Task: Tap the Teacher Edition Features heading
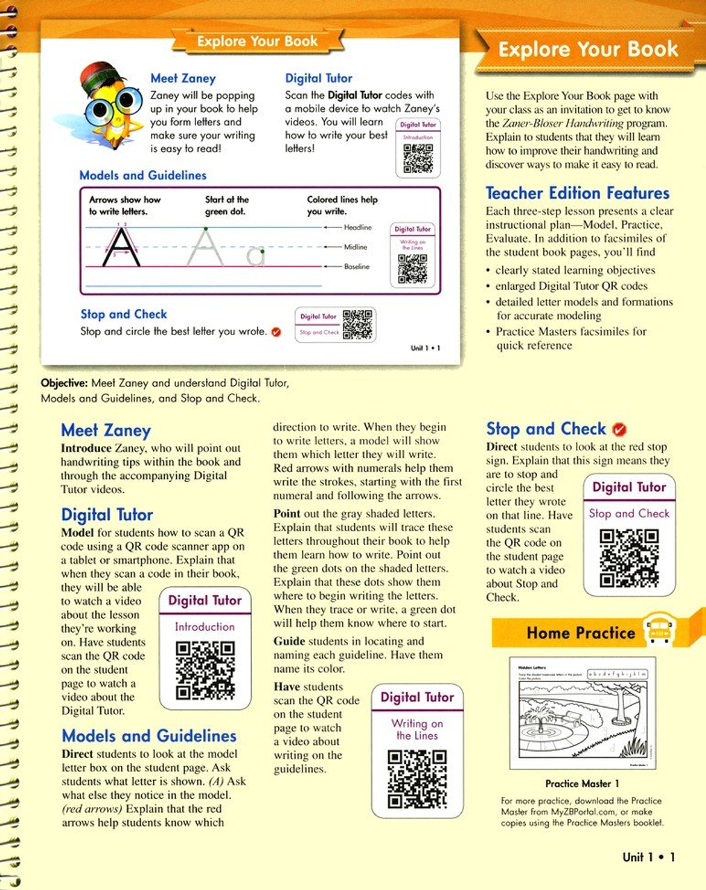577,193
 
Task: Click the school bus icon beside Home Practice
657,630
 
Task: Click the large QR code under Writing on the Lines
417,779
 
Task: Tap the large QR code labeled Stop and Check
629,558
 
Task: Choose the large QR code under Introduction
204,670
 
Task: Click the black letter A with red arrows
121,247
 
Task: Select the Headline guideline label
358,227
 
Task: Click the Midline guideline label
355,247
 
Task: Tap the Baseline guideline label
357,266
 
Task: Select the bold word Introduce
86,448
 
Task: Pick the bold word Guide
289,641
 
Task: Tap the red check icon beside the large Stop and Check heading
619,430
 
